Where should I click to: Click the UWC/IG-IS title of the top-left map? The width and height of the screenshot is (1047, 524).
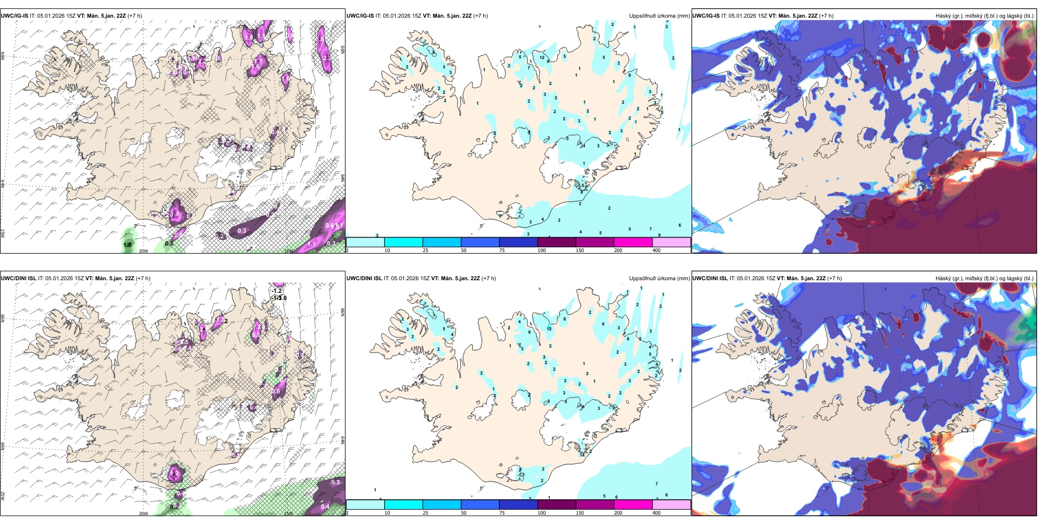pos(14,15)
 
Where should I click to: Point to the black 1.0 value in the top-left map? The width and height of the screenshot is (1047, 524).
pos(127,245)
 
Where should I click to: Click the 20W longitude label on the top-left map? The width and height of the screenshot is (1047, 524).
pos(143,251)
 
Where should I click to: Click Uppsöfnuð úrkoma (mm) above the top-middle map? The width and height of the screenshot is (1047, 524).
pos(659,15)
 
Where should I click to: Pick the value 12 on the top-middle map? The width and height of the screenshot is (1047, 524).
pos(542,57)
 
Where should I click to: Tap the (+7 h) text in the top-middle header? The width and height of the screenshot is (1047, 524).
pos(481,15)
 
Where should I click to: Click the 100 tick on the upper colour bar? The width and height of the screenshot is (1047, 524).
pos(542,250)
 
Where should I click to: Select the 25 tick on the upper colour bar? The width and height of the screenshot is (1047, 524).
pos(425,250)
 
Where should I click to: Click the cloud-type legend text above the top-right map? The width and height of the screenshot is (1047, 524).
pos(984,15)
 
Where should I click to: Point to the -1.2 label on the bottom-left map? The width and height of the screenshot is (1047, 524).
pos(277,291)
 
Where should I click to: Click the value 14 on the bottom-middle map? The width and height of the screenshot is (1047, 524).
pos(582,455)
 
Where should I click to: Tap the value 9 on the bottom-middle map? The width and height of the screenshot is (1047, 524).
pos(530,332)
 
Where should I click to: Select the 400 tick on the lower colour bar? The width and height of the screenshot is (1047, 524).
pos(656,513)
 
